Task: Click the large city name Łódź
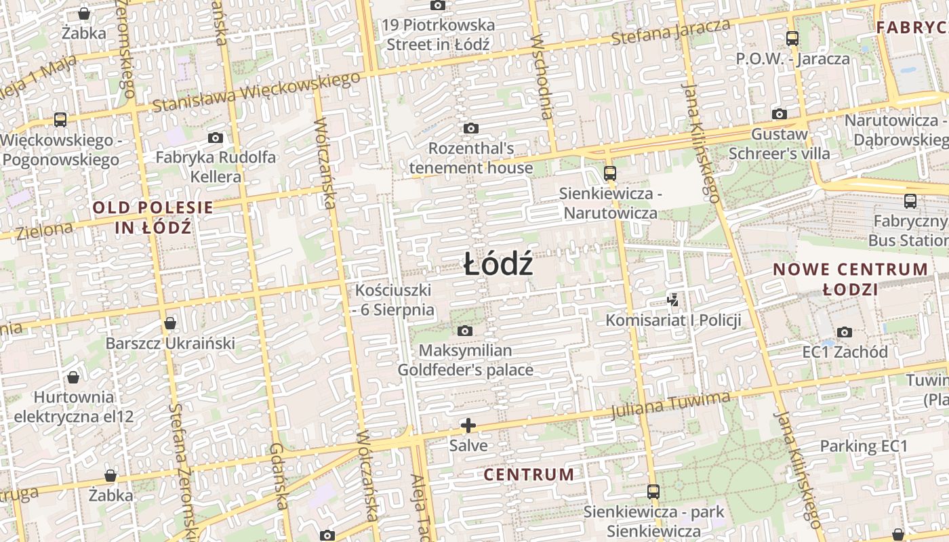(x=498, y=264)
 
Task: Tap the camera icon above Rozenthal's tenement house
(x=471, y=128)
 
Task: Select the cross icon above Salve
(x=468, y=425)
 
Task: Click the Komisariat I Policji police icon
(x=673, y=299)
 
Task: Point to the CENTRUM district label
(x=529, y=474)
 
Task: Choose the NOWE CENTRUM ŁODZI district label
(x=851, y=279)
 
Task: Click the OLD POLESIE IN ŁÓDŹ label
(x=153, y=217)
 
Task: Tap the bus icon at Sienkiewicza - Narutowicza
(x=609, y=173)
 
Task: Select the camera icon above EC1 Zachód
(x=845, y=332)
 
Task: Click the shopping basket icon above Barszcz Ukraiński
(x=170, y=322)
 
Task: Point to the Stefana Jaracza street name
(x=670, y=32)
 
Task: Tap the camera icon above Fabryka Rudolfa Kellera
(x=216, y=138)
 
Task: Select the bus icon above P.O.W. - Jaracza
(x=792, y=38)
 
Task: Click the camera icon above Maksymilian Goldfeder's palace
(x=465, y=331)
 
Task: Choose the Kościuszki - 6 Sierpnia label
(x=394, y=300)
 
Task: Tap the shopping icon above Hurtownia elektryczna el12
(x=73, y=377)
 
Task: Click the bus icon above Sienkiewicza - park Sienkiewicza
(x=653, y=491)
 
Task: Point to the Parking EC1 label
(x=864, y=446)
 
